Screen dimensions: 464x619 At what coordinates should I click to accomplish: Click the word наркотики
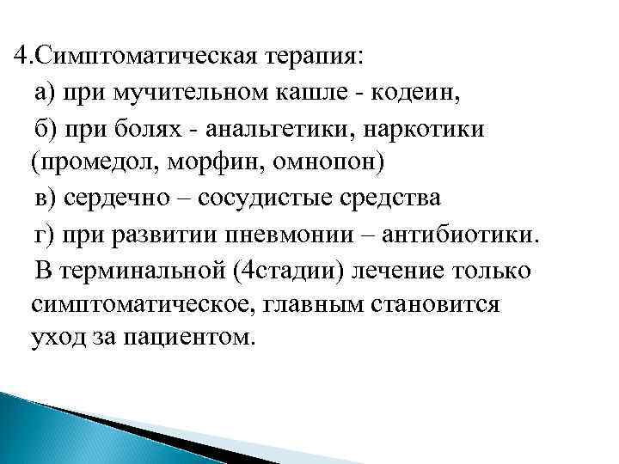[x=425, y=127]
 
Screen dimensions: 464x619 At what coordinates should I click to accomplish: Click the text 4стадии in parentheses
[x=288, y=270]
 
